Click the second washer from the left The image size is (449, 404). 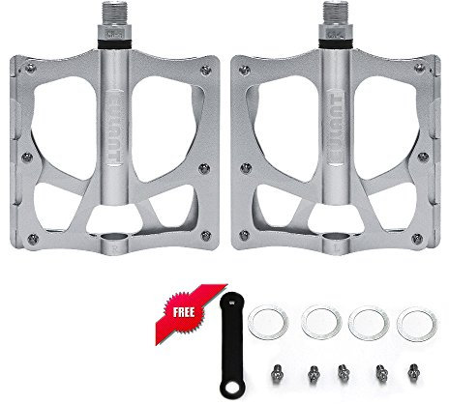pos(318,322)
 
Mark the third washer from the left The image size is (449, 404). pos(367,322)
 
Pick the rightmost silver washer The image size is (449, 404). pos(417,322)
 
